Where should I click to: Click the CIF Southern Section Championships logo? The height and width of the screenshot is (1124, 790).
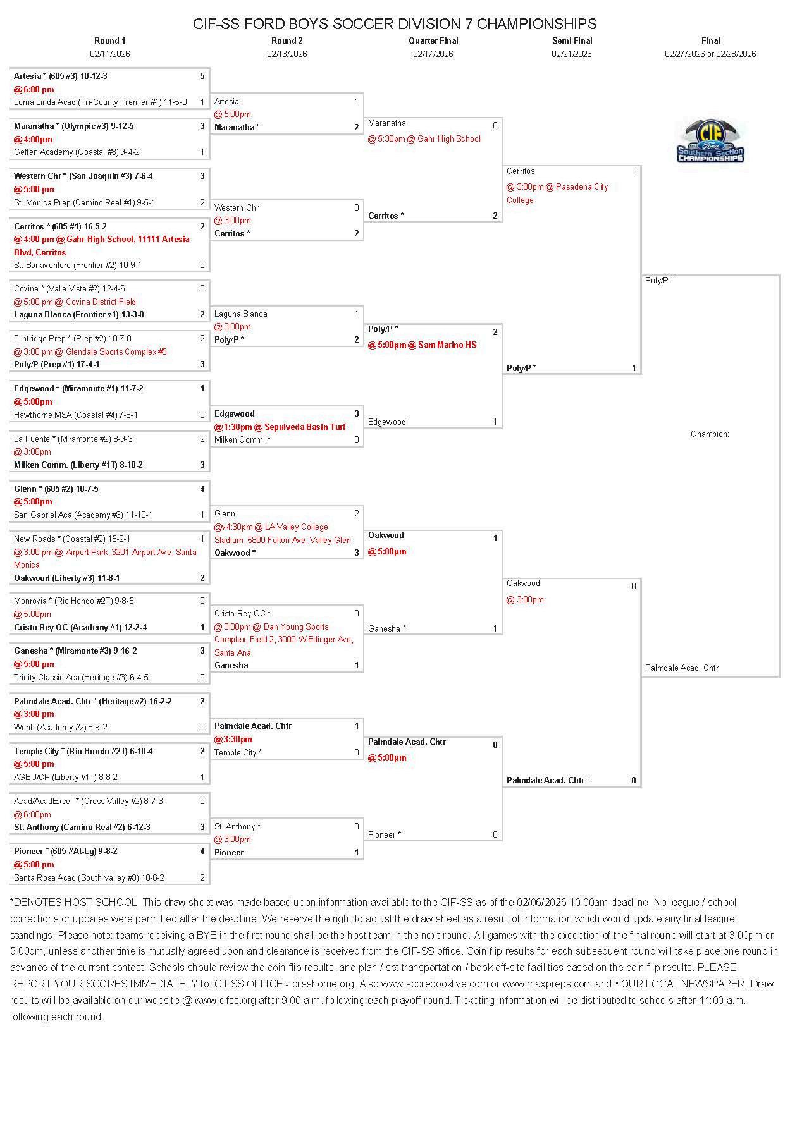point(710,142)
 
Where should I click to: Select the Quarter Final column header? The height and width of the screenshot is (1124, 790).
point(433,40)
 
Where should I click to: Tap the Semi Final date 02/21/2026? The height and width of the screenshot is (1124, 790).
point(571,54)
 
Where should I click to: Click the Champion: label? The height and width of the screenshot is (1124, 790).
point(710,434)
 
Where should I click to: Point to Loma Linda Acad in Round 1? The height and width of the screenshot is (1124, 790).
point(100,102)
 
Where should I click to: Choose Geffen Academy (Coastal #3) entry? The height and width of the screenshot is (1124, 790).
point(77,152)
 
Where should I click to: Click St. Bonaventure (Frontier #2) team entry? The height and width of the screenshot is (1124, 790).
point(78,265)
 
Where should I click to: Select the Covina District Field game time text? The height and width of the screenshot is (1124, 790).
point(75,302)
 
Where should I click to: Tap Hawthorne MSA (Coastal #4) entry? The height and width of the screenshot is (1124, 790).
point(76,415)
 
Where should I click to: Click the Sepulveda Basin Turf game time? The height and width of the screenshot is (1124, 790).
point(280,427)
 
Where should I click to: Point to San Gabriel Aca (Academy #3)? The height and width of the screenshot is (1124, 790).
point(83,515)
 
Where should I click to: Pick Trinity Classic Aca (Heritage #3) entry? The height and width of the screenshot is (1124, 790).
point(81,677)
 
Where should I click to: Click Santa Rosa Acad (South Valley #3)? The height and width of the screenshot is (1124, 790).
point(89,877)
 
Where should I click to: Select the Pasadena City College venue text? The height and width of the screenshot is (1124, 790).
point(557,193)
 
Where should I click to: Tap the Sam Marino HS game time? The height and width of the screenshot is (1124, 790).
point(422,345)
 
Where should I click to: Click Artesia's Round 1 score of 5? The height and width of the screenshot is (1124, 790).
point(202,76)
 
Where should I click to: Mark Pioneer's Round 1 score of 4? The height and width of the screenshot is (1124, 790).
point(202,851)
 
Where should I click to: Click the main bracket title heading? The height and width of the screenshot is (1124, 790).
point(395,24)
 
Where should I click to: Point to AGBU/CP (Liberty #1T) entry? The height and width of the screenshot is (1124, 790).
point(66,777)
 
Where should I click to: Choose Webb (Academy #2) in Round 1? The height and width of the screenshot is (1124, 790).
point(61,727)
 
